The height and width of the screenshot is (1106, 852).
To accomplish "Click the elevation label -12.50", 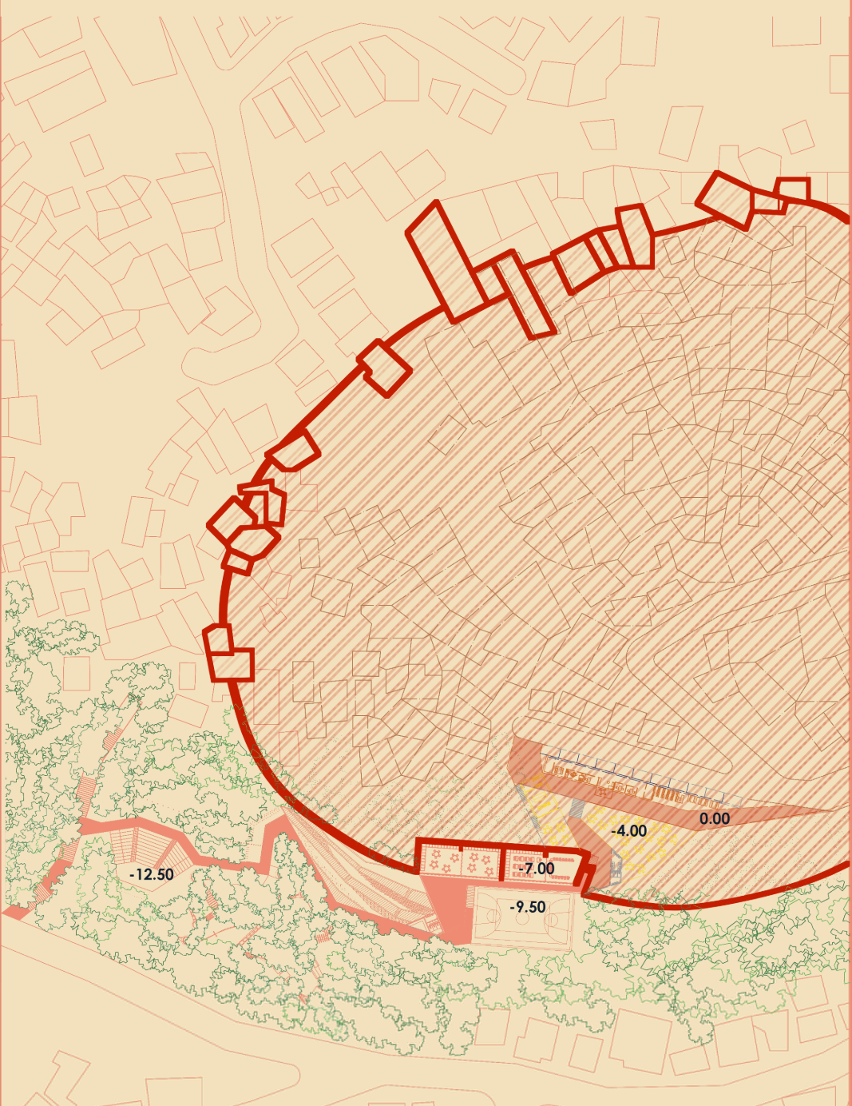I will click(x=151, y=874).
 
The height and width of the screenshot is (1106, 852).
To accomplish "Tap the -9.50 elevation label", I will click(x=528, y=907).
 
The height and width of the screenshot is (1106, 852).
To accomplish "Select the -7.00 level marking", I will click(x=537, y=868).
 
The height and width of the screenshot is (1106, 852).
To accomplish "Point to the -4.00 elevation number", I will click(x=628, y=831).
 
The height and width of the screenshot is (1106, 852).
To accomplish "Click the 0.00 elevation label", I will click(x=714, y=818).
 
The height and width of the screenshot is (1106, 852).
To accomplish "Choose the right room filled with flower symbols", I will click(x=478, y=861).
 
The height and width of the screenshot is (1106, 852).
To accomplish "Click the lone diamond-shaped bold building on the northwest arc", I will click(x=386, y=368).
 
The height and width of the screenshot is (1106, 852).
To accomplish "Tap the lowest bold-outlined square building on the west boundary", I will click(x=232, y=664).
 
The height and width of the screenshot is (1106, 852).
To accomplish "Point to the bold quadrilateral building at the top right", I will click(x=727, y=201).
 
